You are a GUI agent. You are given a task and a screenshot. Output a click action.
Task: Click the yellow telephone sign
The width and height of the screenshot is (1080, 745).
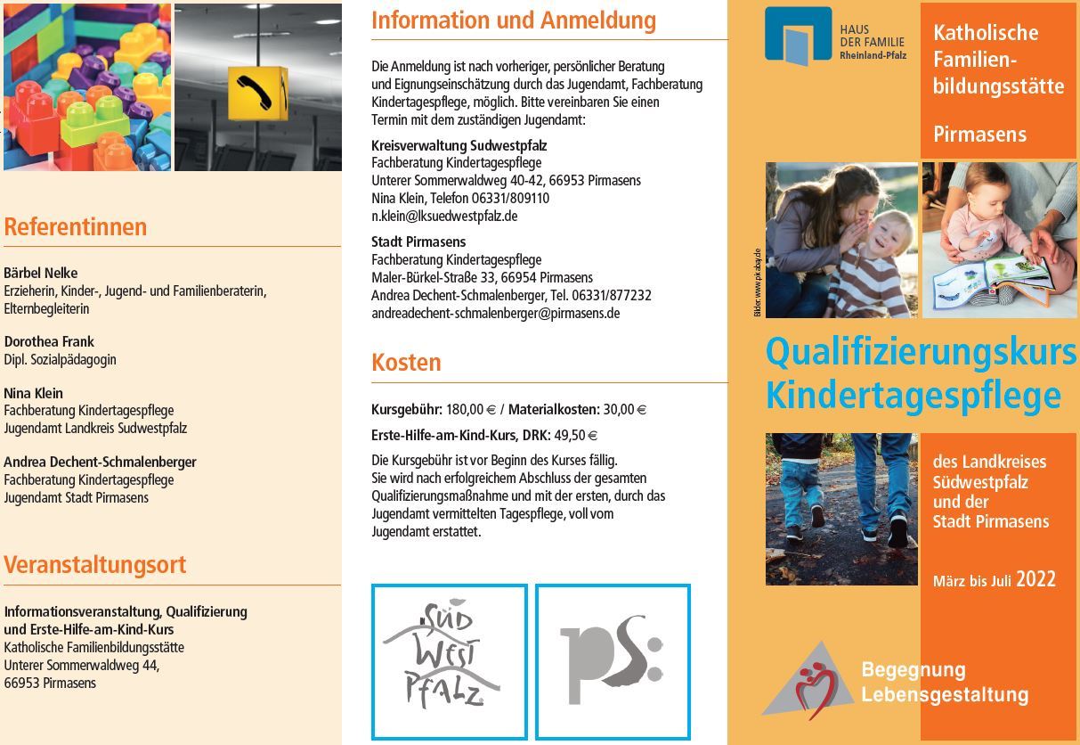(x=257, y=94)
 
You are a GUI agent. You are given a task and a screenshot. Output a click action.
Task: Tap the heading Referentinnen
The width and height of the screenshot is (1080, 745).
(x=76, y=227)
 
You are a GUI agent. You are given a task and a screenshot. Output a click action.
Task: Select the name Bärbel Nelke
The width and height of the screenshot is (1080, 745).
(x=41, y=273)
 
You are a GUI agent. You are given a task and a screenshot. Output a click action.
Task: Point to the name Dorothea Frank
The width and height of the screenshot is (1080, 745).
(x=49, y=341)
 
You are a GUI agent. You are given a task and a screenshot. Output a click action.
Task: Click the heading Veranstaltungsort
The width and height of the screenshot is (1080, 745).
(x=95, y=565)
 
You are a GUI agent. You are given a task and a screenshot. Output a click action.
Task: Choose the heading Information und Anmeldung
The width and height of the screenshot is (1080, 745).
(x=514, y=20)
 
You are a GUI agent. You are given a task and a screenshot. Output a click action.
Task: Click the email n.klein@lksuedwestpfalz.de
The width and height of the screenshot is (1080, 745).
(x=444, y=216)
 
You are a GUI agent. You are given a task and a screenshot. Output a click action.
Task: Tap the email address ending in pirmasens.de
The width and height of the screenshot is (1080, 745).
(x=495, y=313)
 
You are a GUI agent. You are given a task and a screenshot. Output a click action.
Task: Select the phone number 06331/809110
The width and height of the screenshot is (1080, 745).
(x=510, y=198)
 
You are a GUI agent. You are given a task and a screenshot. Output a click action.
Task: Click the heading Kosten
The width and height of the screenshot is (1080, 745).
(x=406, y=363)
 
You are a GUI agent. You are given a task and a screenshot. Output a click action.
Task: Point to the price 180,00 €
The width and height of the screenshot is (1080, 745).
(x=471, y=410)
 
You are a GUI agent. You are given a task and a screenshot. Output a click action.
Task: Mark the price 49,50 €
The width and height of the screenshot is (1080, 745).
(x=575, y=436)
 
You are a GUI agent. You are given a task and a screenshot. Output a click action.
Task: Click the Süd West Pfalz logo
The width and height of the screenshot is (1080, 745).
(x=449, y=661)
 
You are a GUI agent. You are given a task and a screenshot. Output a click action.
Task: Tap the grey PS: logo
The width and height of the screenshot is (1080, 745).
(x=613, y=661)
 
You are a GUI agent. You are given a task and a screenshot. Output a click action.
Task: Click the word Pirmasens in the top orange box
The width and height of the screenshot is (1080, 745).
(x=979, y=135)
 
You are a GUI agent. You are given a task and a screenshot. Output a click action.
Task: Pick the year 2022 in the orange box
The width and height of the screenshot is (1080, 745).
(x=1035, y=580)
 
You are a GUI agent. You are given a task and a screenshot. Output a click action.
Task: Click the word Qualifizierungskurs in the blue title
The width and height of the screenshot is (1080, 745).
(x=921, y=352)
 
